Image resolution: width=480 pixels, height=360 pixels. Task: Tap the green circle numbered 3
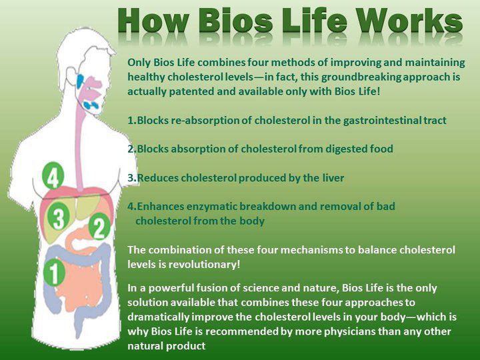tap(59, 217)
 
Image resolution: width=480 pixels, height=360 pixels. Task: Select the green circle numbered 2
tap(99, 228)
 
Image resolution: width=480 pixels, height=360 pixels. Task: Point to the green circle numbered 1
tap(53, 272)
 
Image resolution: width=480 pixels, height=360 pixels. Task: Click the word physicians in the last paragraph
tap(313, 331)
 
